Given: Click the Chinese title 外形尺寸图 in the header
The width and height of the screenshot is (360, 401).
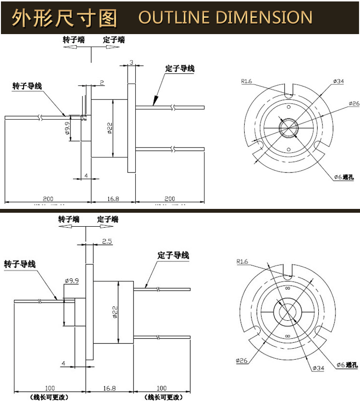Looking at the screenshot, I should (x=65, y=18).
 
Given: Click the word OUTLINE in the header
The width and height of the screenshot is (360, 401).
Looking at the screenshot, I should (x=174, y=18).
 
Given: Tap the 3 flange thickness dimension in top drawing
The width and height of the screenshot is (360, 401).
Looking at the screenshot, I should (x=131, y=62).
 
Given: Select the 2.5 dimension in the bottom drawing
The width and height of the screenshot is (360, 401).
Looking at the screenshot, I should (x=107, y=242).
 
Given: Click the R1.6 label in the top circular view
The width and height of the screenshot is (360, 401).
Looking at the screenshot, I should (x=247, y=81).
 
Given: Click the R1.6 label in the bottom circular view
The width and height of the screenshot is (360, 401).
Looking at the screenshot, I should (x=242, y=262).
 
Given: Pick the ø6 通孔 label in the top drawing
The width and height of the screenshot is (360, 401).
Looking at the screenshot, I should (x=344, y=177).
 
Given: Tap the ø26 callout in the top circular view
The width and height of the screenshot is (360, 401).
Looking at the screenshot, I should (x=353, y=103).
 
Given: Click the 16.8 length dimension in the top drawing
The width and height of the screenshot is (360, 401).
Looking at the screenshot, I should (x=113, y=198).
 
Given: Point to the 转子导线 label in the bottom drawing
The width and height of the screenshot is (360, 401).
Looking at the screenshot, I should (x=20, y=264).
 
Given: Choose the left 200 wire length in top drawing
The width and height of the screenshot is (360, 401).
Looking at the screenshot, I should (x=48, y=198).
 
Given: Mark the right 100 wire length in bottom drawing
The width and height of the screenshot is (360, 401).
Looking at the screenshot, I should (x=161, y=388).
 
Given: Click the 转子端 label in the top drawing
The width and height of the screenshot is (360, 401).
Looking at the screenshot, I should (x=73, y=40).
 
